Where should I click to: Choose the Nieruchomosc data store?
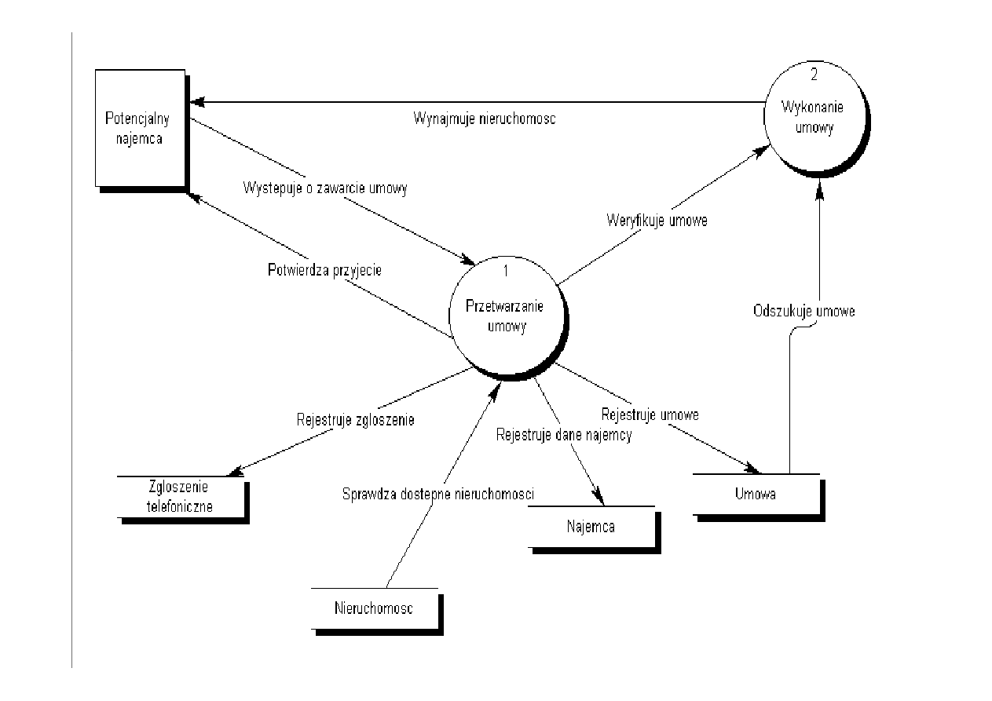374,608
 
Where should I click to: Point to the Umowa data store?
756,494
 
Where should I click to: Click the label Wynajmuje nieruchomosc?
485,119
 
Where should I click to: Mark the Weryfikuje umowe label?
657,220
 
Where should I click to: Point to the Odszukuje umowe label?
803,311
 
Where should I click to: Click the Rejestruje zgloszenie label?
355,419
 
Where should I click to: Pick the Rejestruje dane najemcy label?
563,434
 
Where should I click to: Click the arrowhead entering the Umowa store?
755,470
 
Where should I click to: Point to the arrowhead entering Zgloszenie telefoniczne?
233,472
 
